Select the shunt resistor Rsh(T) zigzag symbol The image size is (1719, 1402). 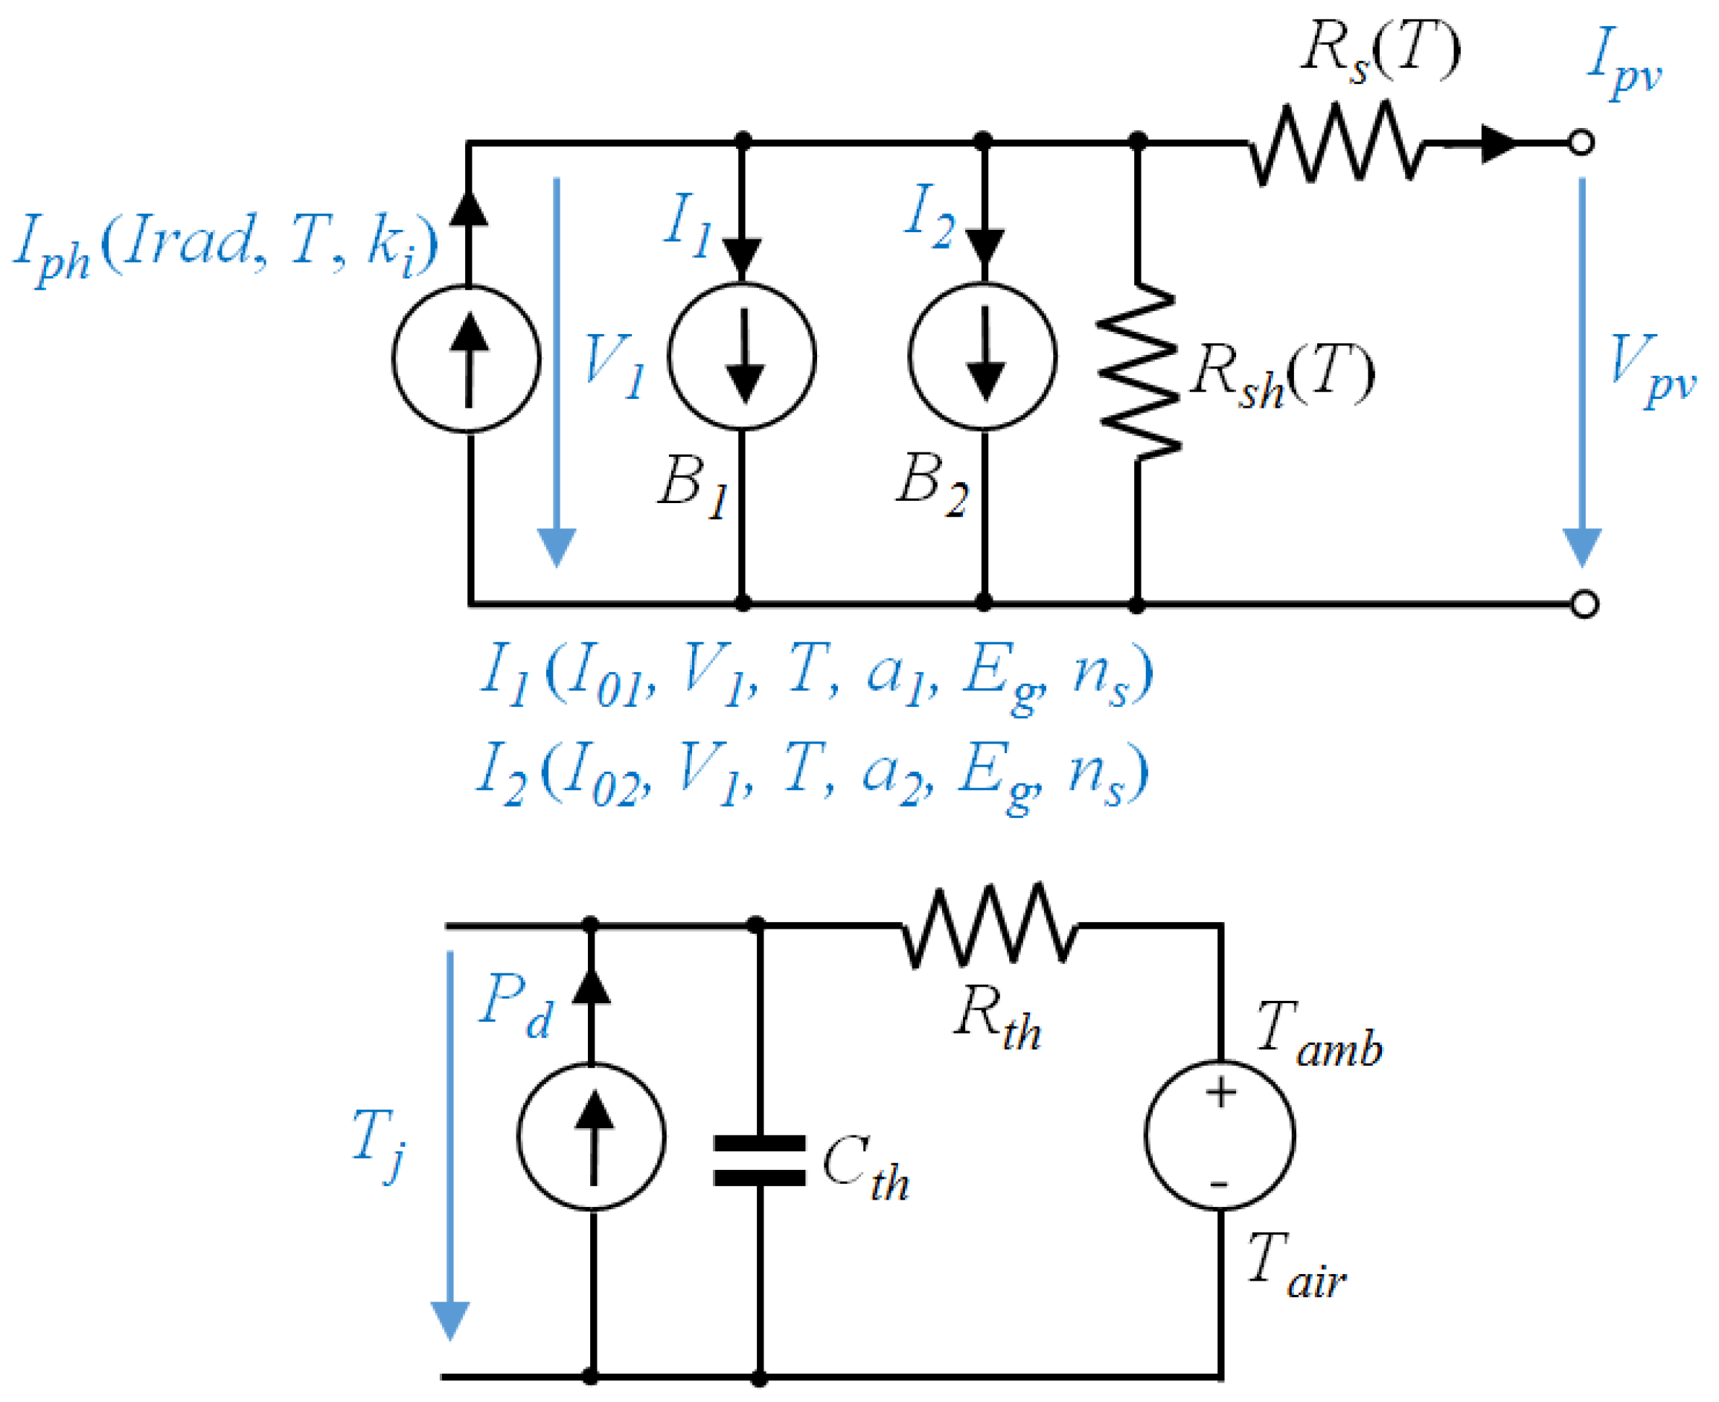click(x=1137, y=371)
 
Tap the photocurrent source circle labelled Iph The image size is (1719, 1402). click(x=467, y=358)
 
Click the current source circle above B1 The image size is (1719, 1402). click(x=742, y=356)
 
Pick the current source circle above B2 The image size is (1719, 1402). click(x=982, y=356)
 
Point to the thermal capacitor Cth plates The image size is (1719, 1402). click(x=759, y=1161)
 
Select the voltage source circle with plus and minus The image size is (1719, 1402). click(x=1220, y=1135)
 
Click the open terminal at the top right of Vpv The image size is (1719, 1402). click(x=1581, y=143)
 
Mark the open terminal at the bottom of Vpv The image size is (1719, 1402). click(x=1584, y=604)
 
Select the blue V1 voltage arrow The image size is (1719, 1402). click(x=557, y=371)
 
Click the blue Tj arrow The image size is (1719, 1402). click(x=449, y=1147)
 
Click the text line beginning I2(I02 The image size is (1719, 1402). click(x=811, y=774)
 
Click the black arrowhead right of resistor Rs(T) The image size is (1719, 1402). click(x=1499, y=144)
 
